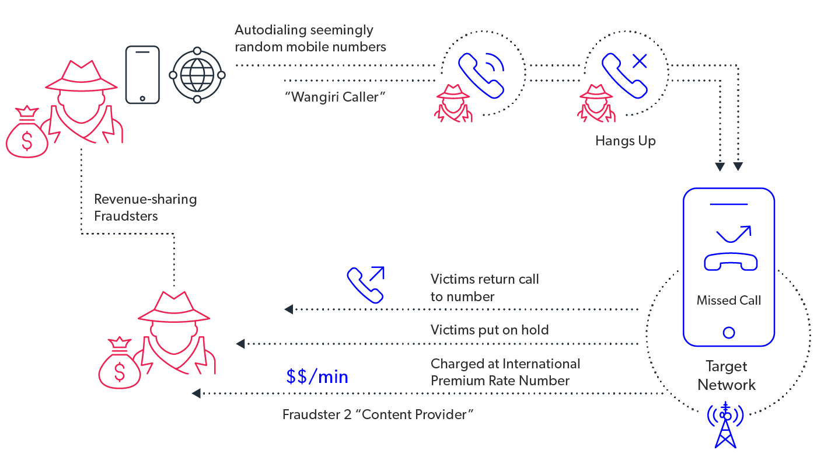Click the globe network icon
coord(197,75)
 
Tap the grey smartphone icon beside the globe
coord(142,75)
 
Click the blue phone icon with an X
coord(625,74)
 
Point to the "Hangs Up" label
coord(626,141)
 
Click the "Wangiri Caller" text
coord(335,97)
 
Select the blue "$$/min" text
coord(317,377)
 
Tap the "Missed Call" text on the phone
coord(729,301)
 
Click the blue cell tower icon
coord(725,424)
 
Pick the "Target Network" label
coord(727,376)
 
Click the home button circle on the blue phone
coord(728,333)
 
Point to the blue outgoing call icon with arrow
coord(366,284)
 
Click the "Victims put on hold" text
coord(490,330)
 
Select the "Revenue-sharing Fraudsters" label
coord(145,207)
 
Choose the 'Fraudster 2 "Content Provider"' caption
coord(378,415)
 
